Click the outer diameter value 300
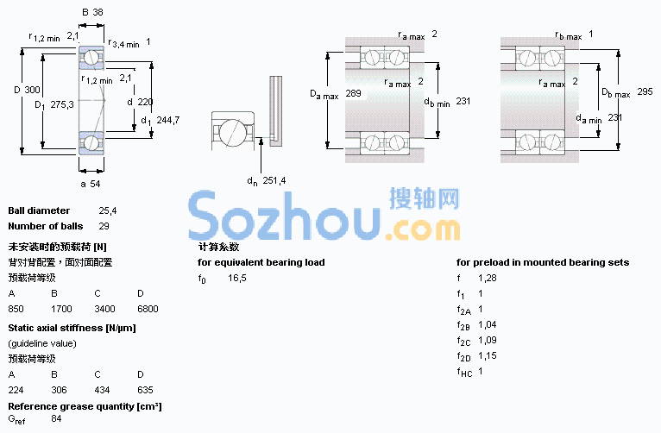click(32, 90)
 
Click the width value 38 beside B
click(98, 12)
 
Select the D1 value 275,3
click(62, 104)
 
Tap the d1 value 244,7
click(167, 120)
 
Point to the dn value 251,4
click(274, 180)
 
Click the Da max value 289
click(353, 93)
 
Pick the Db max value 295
click(645, 91)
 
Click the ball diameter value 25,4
click(108, 210)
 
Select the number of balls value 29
click(104, 226)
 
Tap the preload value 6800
click(148, 309)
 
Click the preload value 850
click(16, 309)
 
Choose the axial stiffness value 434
click(102, 390)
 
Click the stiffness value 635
click(145, 390)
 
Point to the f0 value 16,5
click(237, 278)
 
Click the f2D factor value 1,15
click(488, 355)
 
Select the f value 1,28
click(488, 278)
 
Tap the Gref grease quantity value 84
click(56, 418)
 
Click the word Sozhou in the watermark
click(285, 216)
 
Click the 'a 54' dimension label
click(91, 184)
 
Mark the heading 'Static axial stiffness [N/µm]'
click(72, 328)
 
